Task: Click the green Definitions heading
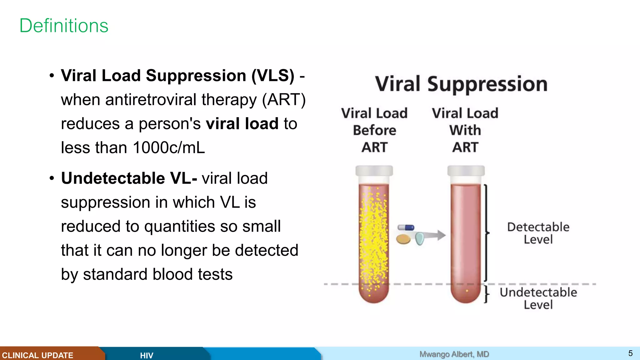pos(64,26)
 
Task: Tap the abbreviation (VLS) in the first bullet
pos(273,76)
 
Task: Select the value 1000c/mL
pos(169,147)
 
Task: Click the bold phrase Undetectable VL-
pos(129,178)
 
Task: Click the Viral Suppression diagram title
pos(461,84)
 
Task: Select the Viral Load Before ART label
pos(374,130)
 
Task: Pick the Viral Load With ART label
pos(465,130)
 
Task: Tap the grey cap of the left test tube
pos(374,171)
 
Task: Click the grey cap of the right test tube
pos(466,171)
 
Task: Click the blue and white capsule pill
pos(406,227)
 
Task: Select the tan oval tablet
pos(403,239)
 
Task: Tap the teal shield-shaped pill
pos(419,238)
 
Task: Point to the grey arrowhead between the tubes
pos(441,235)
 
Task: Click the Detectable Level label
pos(538,233)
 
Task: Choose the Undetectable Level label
pos(538,298)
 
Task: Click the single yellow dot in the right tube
pos(467,291)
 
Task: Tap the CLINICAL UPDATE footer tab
pos(37,355)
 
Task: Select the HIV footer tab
pos(147,355)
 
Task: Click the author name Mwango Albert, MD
pos(454,354)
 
